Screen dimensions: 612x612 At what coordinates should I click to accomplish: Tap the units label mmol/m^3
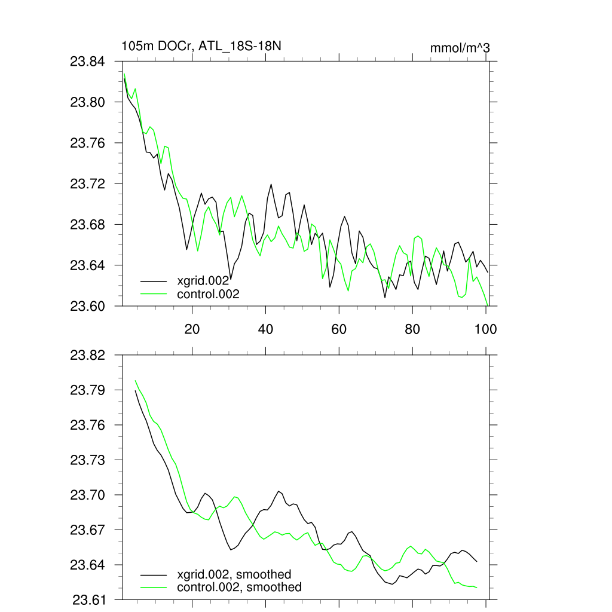pyautogui.click(x=460, y=48)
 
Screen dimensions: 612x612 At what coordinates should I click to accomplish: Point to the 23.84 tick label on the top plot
pyautogui.click(x=88, y=62)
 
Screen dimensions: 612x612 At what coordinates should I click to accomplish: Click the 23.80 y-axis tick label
pyautogui.click(x=88, y=102)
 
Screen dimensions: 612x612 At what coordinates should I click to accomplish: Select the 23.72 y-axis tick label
pyautogui.click(x=88, y=183)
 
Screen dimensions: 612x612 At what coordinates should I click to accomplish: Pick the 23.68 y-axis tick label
pyautogui.click(x=88, y=225)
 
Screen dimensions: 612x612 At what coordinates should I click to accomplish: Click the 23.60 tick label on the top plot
pyautogui.click(x=88, y=306)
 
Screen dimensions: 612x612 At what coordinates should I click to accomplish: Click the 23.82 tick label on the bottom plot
pyautogui.click(x=88, y=356)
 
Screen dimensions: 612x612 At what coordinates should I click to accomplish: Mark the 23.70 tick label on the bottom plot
pyautogui.click(x=88, y=495)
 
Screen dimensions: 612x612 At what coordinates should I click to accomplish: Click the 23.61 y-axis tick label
pyautogui.click(x=88, y=599)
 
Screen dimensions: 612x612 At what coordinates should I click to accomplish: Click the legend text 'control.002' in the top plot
pyautogui.click(x=208, y=294)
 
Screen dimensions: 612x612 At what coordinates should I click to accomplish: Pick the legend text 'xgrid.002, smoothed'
pyautogui.click(x=234, y=574)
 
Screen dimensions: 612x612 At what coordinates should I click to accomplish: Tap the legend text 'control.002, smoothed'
pyautogui.click(x=239, y=587)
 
